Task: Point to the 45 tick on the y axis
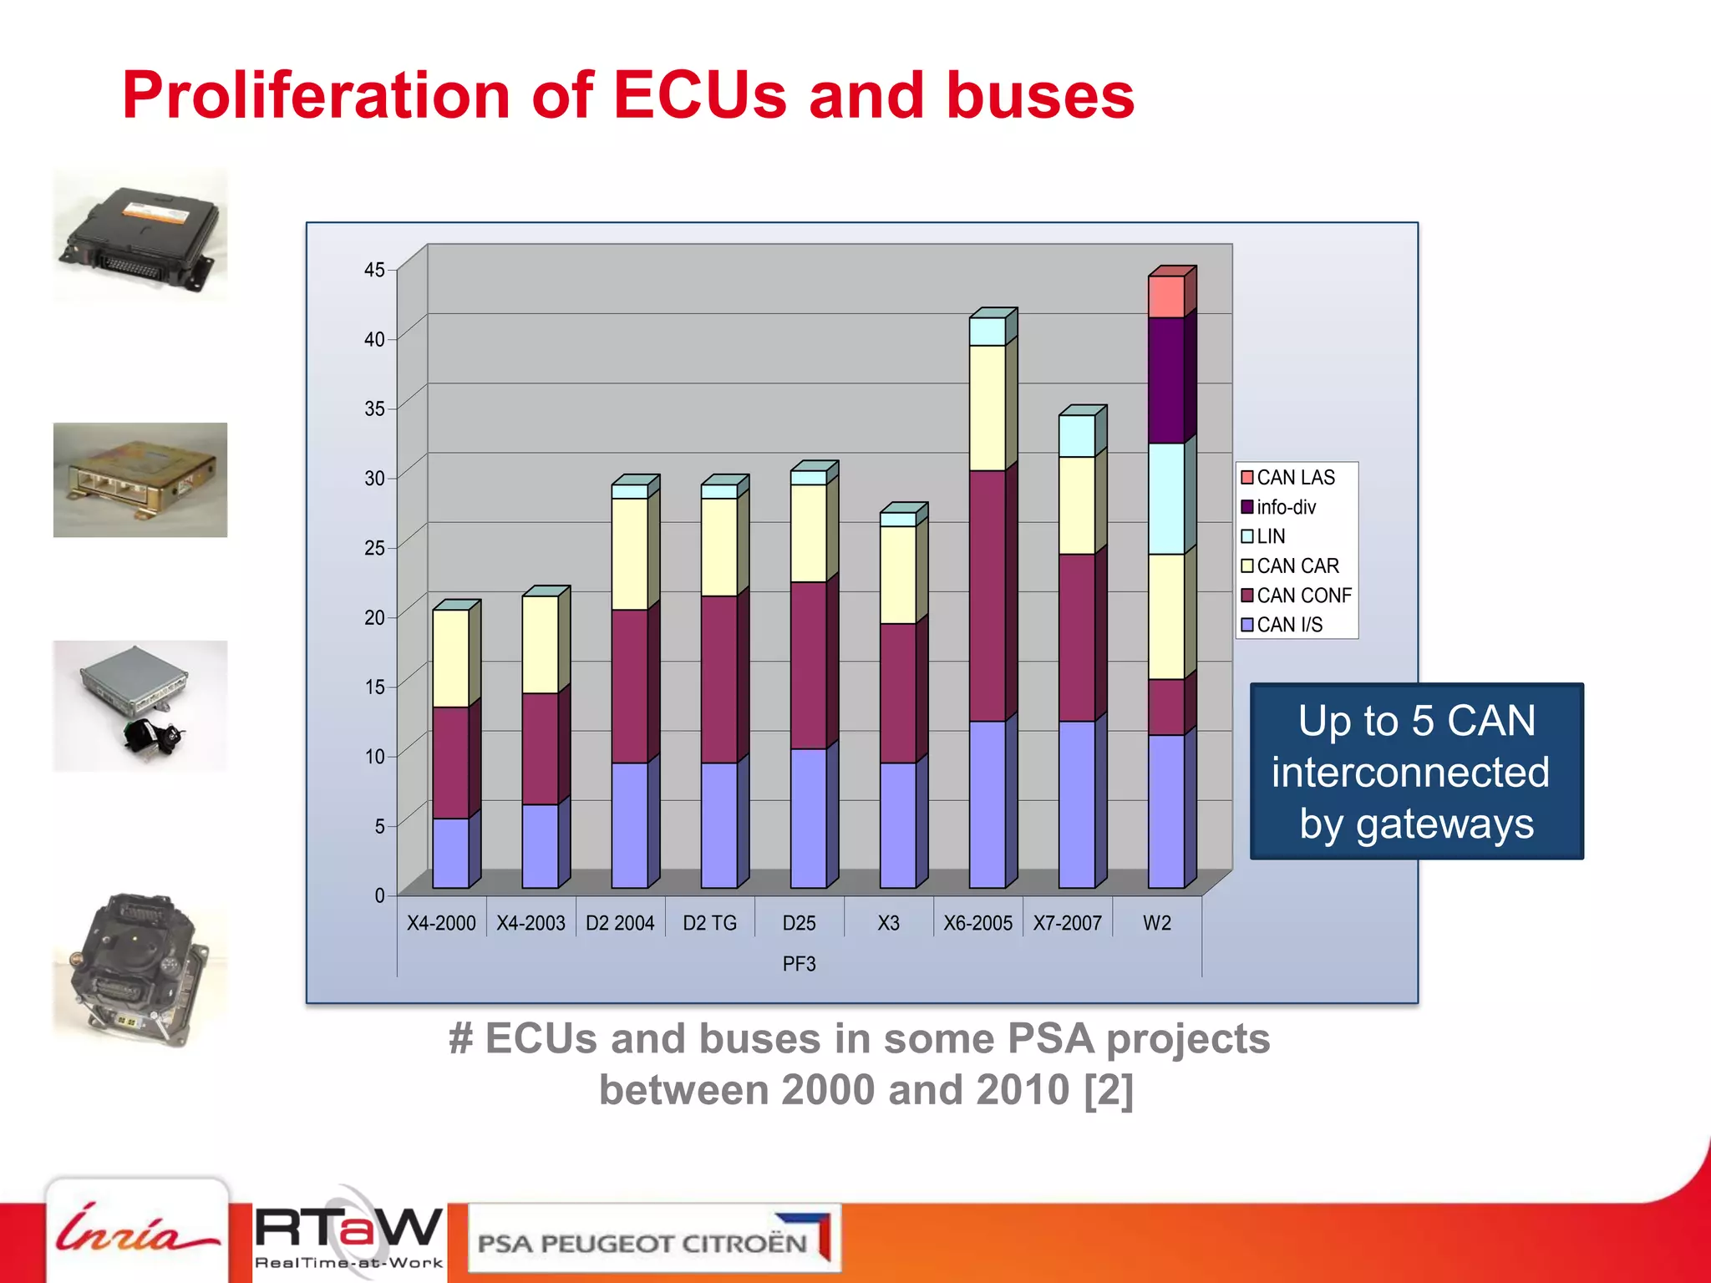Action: [x=374, y=270]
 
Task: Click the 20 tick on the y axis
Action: [x=374, y=617]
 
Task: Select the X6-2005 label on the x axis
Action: [x=977, y=923]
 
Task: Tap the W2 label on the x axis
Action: [x=1157, y=923]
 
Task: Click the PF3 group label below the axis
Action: [x=799, y=964]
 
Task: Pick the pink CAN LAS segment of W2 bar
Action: [x=1165, y=297]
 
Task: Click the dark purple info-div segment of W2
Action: [x=1165, y=380]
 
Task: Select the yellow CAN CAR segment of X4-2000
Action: [x=450, y=658]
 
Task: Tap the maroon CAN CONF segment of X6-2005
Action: [x=987, y=596]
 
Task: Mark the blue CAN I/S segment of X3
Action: [x=897, y=825]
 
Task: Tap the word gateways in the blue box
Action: [x=1444, y=825]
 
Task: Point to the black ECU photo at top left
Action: [x=140, y=236]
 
